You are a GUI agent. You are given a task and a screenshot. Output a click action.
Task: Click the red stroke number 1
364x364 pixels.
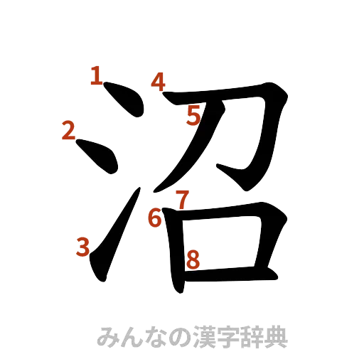96,75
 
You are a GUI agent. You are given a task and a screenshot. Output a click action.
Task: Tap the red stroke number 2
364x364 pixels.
68,130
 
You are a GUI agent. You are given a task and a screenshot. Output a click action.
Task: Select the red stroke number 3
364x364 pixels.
83,247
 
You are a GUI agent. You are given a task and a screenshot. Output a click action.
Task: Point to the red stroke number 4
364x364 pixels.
158,82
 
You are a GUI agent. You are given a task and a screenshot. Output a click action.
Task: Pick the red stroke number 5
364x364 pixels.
194,115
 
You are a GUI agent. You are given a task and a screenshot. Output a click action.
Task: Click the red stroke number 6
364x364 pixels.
156,217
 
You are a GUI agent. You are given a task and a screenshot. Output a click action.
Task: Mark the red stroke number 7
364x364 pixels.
182,200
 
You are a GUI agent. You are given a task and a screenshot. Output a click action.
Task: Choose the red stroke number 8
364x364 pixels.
191,261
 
